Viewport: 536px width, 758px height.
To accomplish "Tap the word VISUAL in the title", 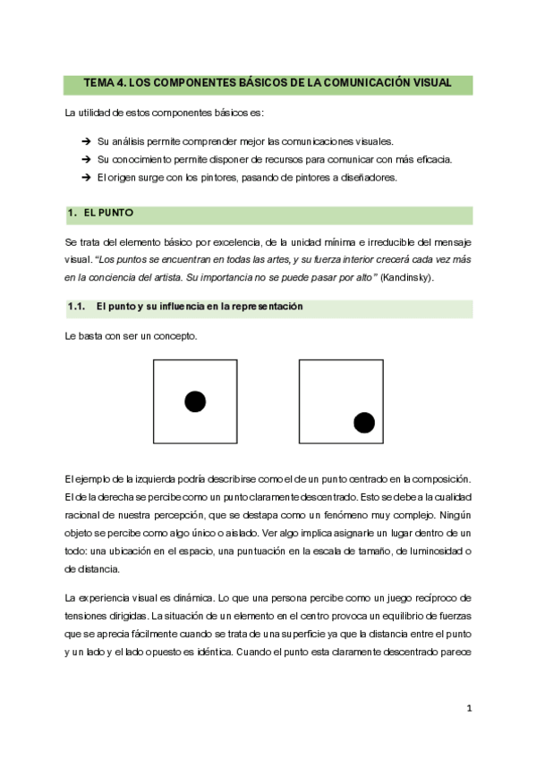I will [x=429, y=84].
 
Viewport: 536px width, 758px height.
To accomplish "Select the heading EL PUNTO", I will [x=108, y=215].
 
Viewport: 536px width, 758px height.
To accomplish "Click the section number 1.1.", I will [x=76, y=307].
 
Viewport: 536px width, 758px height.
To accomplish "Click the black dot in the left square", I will [x=195, y=401].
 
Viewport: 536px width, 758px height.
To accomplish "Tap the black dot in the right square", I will [x=364, y=422].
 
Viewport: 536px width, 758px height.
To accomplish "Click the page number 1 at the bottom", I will [x=468, y=709].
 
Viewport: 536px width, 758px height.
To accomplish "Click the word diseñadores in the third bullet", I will [x=366, y=177].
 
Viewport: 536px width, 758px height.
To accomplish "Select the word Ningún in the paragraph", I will [x=453, y=516].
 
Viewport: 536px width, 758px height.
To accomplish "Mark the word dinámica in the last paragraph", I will [x=180, y=596].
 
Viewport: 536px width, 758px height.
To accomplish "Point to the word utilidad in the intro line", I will [x=98, y=114].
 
